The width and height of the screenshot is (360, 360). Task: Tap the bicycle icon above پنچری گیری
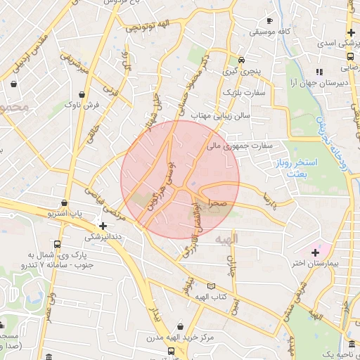[x=241, y=60]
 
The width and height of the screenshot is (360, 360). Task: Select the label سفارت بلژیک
[x=243, y=92]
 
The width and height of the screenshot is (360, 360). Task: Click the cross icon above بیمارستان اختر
[x=314, y=252]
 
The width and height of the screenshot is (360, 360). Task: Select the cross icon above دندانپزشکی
[x=103, y=226]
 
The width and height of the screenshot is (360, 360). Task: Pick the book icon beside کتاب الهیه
[x=212, y=286]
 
